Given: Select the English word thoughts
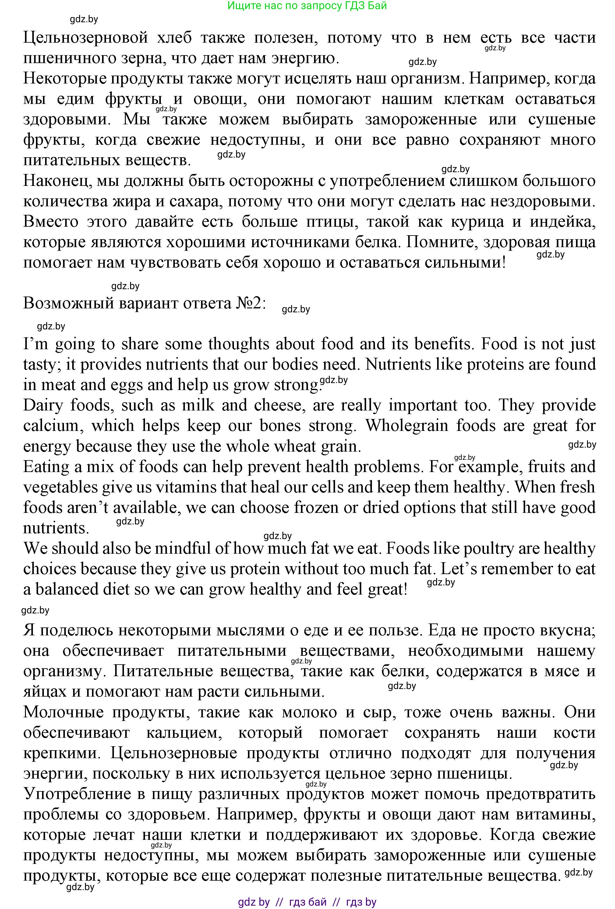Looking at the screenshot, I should click(239, 344).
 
